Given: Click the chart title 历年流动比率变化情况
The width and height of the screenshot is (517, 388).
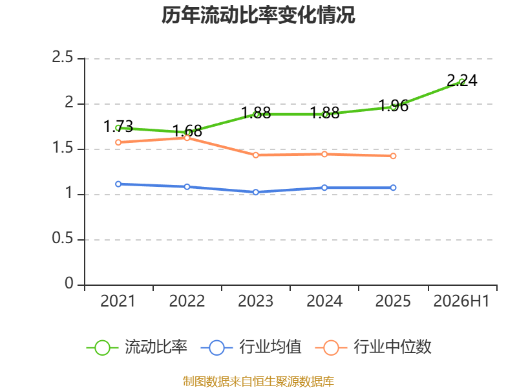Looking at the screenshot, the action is (x=258, y=15).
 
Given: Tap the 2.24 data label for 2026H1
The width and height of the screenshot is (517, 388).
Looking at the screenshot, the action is (x=462, y=80).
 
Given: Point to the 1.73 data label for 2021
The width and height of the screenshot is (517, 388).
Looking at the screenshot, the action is (x=118, y=126).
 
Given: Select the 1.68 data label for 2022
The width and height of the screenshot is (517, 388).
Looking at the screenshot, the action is (x=187, y=131).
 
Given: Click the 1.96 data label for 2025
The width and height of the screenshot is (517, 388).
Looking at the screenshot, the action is (x=394, y=106).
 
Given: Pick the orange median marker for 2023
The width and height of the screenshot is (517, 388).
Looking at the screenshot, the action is (x=255, y=155).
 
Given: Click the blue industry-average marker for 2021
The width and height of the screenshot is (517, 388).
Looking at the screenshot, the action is (x=118, y=184).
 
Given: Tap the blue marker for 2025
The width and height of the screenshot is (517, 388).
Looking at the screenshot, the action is (x=393, y=188).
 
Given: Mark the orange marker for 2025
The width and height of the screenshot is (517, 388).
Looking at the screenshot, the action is (x=393, y=156).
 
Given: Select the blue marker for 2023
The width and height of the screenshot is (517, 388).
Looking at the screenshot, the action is (x=255, y=192).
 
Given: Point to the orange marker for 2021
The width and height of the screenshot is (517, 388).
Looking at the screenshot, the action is (x=118, y=142).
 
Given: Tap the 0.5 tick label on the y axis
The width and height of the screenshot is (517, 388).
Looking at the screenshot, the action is (x=62, y=238).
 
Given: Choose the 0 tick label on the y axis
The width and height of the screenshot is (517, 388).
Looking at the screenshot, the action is (x=69, y=283).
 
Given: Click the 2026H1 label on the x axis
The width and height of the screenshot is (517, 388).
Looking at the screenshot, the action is (x=461, y=301).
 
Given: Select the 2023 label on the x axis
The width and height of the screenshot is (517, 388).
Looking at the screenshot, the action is (x=255, y=301).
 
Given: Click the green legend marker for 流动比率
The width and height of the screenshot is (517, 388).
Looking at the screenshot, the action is (x=102, y=348).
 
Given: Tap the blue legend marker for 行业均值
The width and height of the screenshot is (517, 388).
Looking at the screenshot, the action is (x=216, y=348).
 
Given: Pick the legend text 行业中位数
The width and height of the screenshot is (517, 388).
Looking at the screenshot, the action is (x=392, y=347).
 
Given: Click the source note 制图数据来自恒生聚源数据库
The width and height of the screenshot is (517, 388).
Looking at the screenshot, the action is (x=258, y=382).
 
